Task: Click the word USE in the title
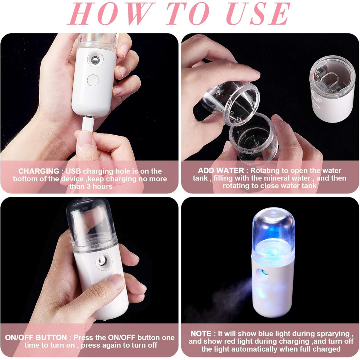pyautogui.click(x=259, y=13)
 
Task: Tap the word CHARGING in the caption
pyautogui.click(x=39, y=171)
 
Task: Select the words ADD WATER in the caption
pyautogui.click(x=221, y=170)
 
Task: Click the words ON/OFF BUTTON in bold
pyautogui.click(x=36, y=337)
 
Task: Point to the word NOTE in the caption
pyautogui.click(x=201, y=333)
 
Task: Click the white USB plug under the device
pyautogui.click(x=88, y=124)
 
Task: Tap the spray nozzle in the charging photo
pyautogui.click(x=95, y=60)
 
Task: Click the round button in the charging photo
pyautogui.click(x=93, y=80)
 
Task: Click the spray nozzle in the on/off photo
pyautogui.click(x=103, y=261)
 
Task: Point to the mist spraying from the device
pyautogui.click(x=232, y=295)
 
